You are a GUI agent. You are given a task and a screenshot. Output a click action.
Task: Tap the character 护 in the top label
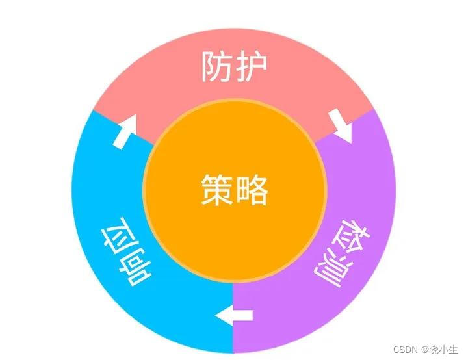tap(251, 67)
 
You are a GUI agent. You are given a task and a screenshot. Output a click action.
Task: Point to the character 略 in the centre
tap(251, 190)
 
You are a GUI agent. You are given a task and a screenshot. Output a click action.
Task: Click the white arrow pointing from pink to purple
tap(340, 125)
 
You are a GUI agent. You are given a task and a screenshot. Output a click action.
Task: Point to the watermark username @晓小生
tap(439, 350)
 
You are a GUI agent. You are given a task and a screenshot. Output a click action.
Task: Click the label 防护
tap(234, 67)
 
